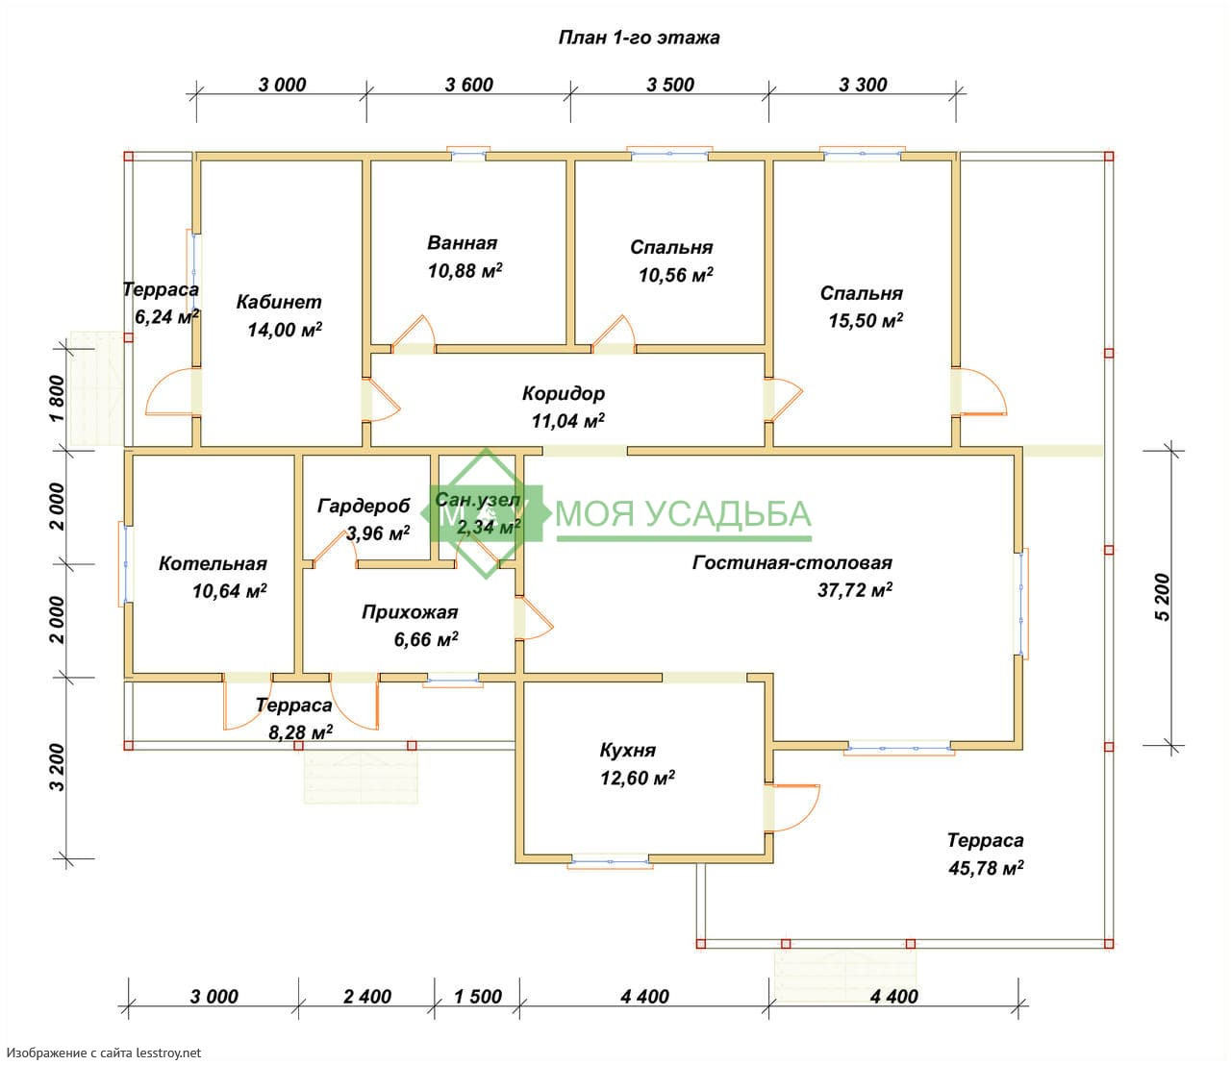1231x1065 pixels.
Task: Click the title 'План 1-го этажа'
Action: [639, 37]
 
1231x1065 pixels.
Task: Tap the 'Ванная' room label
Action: [463, 243]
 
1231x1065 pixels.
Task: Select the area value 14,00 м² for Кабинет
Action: [285, 329]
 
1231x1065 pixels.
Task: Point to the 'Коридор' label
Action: [564, 393]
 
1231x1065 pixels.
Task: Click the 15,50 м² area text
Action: [866, 320]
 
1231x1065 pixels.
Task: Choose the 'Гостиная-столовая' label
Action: [792, 562]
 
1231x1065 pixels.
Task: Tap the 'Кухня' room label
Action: [627, 750]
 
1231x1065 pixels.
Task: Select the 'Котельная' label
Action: [213, 564]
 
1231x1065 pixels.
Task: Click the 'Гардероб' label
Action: [364, 506]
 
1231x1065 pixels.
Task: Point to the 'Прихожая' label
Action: [410, 612]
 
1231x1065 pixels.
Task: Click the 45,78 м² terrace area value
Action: [986, 868]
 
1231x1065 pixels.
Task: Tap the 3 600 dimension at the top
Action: [469, 85]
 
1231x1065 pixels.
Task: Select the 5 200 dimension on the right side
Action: [1162, 597]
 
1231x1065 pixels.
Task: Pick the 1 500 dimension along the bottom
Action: [478, 997]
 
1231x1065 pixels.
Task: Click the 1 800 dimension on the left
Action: [57, 398]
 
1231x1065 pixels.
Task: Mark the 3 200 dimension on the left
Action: [57, 767]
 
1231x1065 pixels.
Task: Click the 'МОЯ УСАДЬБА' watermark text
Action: [683, 513]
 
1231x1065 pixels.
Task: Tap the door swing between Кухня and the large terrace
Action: [792, 807]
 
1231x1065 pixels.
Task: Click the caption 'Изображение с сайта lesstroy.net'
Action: [104, 1053]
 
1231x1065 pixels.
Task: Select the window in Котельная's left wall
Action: [125, 564]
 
